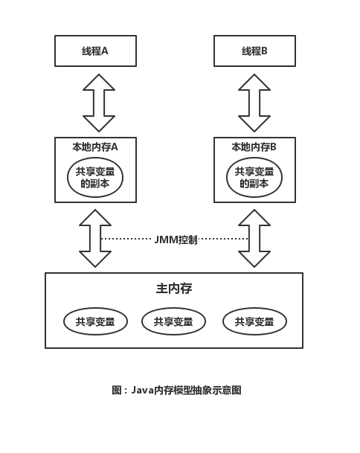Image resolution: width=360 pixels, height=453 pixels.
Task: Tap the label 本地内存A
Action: click(x=95, y=147)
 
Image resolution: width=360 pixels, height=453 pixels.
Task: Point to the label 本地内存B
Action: click(x=254, y=147)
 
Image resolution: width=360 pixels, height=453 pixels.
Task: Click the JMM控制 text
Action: click(x=176, y=240)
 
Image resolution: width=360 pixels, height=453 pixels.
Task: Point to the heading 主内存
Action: click(x=174, y=289)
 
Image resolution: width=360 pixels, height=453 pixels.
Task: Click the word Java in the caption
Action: click(x=142, y=390)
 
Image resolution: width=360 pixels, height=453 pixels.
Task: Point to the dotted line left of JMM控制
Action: click(x=126, y=239)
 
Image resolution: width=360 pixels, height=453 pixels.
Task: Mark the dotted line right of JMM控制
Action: click(x=223, y=239)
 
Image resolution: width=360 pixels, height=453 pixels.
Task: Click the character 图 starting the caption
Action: click(x=117, y=391)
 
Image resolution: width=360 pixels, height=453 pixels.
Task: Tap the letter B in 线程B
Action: click(x=264, y=51)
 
